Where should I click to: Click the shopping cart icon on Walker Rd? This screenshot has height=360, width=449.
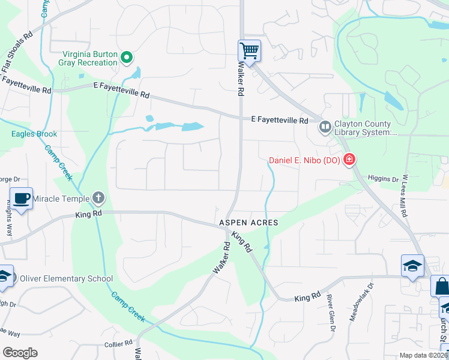click(x=249, y=50)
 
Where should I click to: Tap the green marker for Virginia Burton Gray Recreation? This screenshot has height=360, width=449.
click(x=127, y=58)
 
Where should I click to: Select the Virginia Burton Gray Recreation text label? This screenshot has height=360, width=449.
click(x=88, y=58)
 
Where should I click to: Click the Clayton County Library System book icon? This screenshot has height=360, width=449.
click(x=325, y=127)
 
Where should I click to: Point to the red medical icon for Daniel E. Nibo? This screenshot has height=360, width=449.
click(x=349, y=160)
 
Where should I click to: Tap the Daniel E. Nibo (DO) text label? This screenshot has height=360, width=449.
click(x=304, y=160)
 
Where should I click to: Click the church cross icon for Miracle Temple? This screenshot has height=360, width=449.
click(x=98, y=198)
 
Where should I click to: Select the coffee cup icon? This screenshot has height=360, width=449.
click(x=21, y=198)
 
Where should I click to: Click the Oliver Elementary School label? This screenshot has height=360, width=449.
click(x=66, y=278)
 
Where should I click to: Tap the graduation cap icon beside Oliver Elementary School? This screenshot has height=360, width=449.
click(x=4, y=276)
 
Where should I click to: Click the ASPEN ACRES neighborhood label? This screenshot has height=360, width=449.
click(x=249, y=223)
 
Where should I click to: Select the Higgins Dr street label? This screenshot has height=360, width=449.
click(x=383, y=179)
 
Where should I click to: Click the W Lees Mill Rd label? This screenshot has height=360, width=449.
click(x=406, y=196)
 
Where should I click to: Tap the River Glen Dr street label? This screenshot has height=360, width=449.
click(x=330, y=312)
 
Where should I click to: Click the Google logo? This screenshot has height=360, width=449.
click(x=20, y=353)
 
